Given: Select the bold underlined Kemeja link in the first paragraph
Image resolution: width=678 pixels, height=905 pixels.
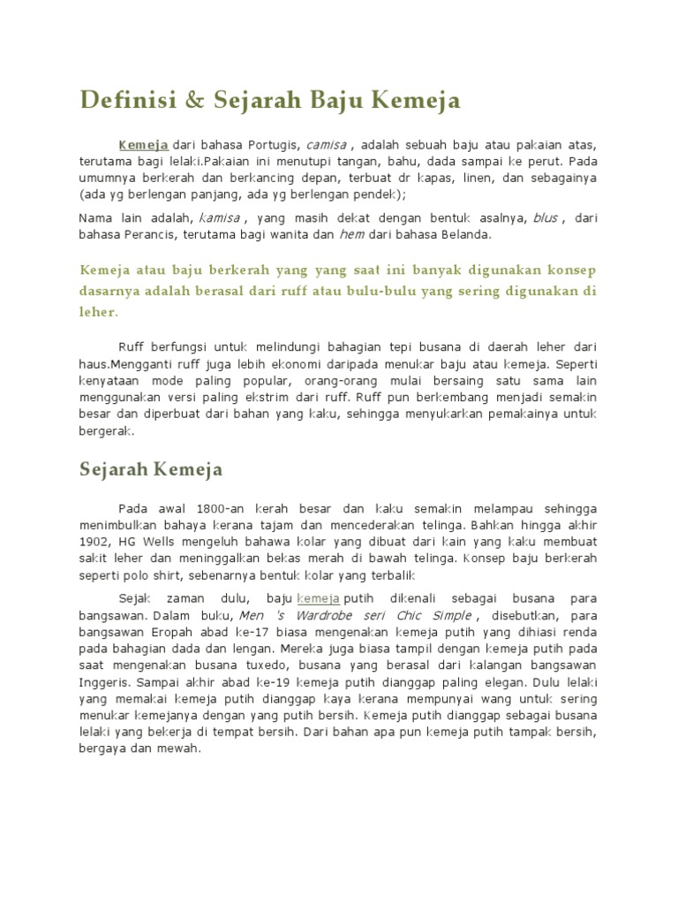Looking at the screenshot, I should [x=144, y=144].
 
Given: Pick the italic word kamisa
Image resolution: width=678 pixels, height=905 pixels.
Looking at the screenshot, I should [x=219, y=218].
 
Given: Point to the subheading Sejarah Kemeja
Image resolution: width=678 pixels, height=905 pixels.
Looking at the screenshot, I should [x=151, y=468].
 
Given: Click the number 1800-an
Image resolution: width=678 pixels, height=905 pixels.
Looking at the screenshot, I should [x=210, y=509].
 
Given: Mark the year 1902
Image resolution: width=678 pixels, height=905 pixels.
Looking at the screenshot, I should [x=94, y=542].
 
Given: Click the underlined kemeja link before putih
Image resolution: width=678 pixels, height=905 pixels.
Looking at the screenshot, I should [x=319, y=598].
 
